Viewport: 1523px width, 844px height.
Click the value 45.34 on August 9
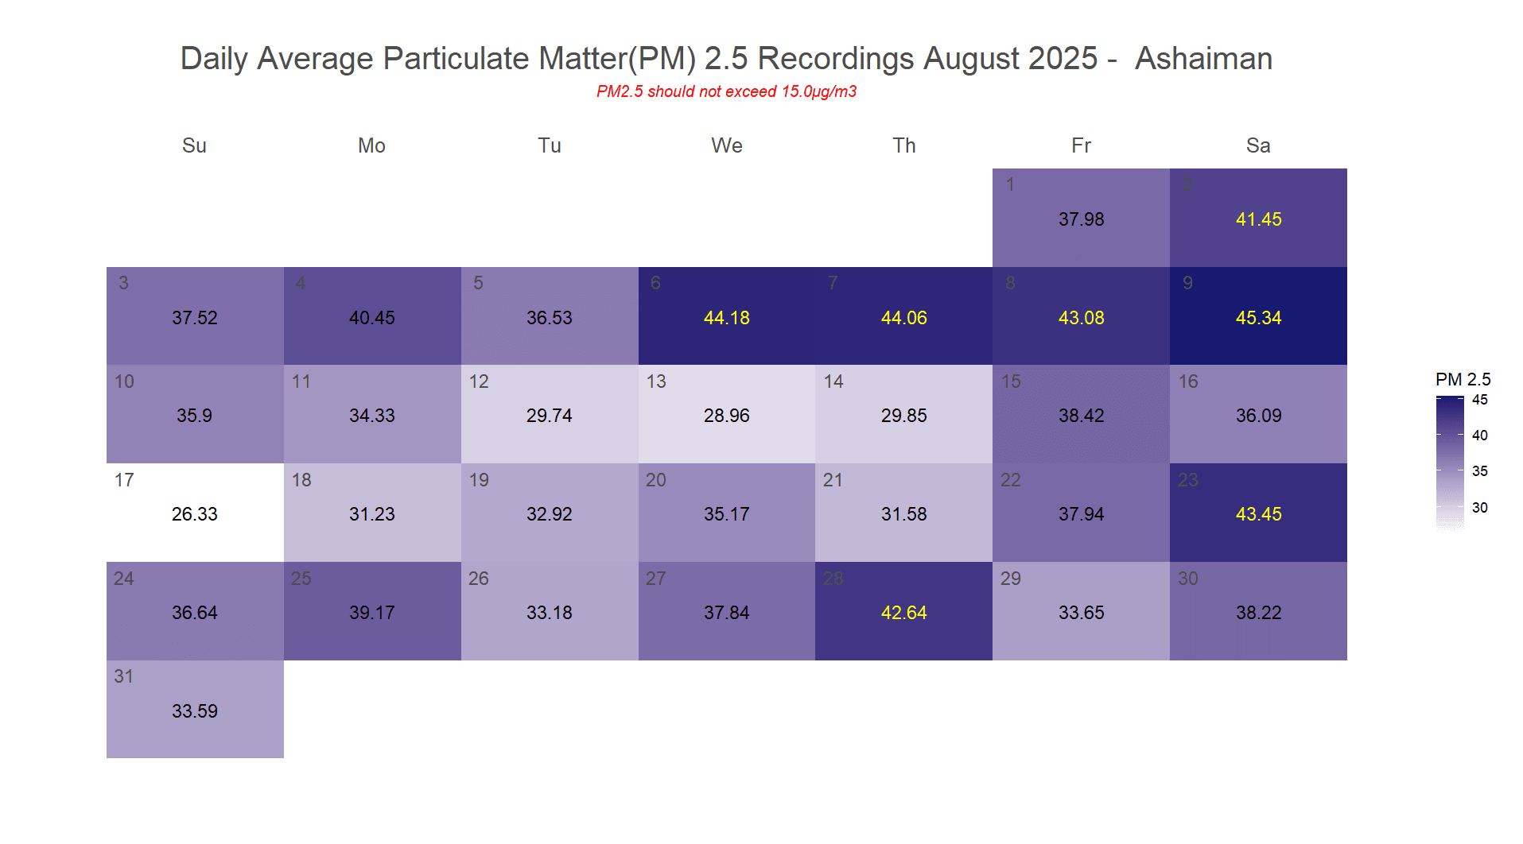click(1258, 318)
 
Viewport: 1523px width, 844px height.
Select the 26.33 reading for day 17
click(195, 514)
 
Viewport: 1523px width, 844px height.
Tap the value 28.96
click(726, 416)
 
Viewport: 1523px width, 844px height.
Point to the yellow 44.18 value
click(726, 318)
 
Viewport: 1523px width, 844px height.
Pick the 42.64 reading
click(903, 613)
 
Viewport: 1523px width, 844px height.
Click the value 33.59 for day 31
click(195, 711)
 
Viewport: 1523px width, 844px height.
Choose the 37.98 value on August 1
click(1081, 219)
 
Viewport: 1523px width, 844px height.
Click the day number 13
click(656, 381)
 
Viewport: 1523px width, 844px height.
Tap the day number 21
click(833, 480)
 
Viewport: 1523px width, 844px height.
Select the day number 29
click(1010, 579)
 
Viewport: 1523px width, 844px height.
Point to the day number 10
click(124, 381)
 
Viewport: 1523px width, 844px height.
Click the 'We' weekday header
click(726, 145)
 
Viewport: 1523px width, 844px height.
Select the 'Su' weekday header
click(194, 145)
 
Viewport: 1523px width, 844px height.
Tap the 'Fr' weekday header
click(1081, 145)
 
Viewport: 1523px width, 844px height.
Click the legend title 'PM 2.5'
click(1463, 379)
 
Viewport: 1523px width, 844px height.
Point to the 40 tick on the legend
click(1479, 436)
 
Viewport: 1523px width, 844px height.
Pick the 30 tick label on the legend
click(1479, 508)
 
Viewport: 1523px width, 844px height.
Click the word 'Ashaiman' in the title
click(1203, 59)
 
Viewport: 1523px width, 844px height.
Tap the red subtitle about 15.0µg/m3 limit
click(726, 91)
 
